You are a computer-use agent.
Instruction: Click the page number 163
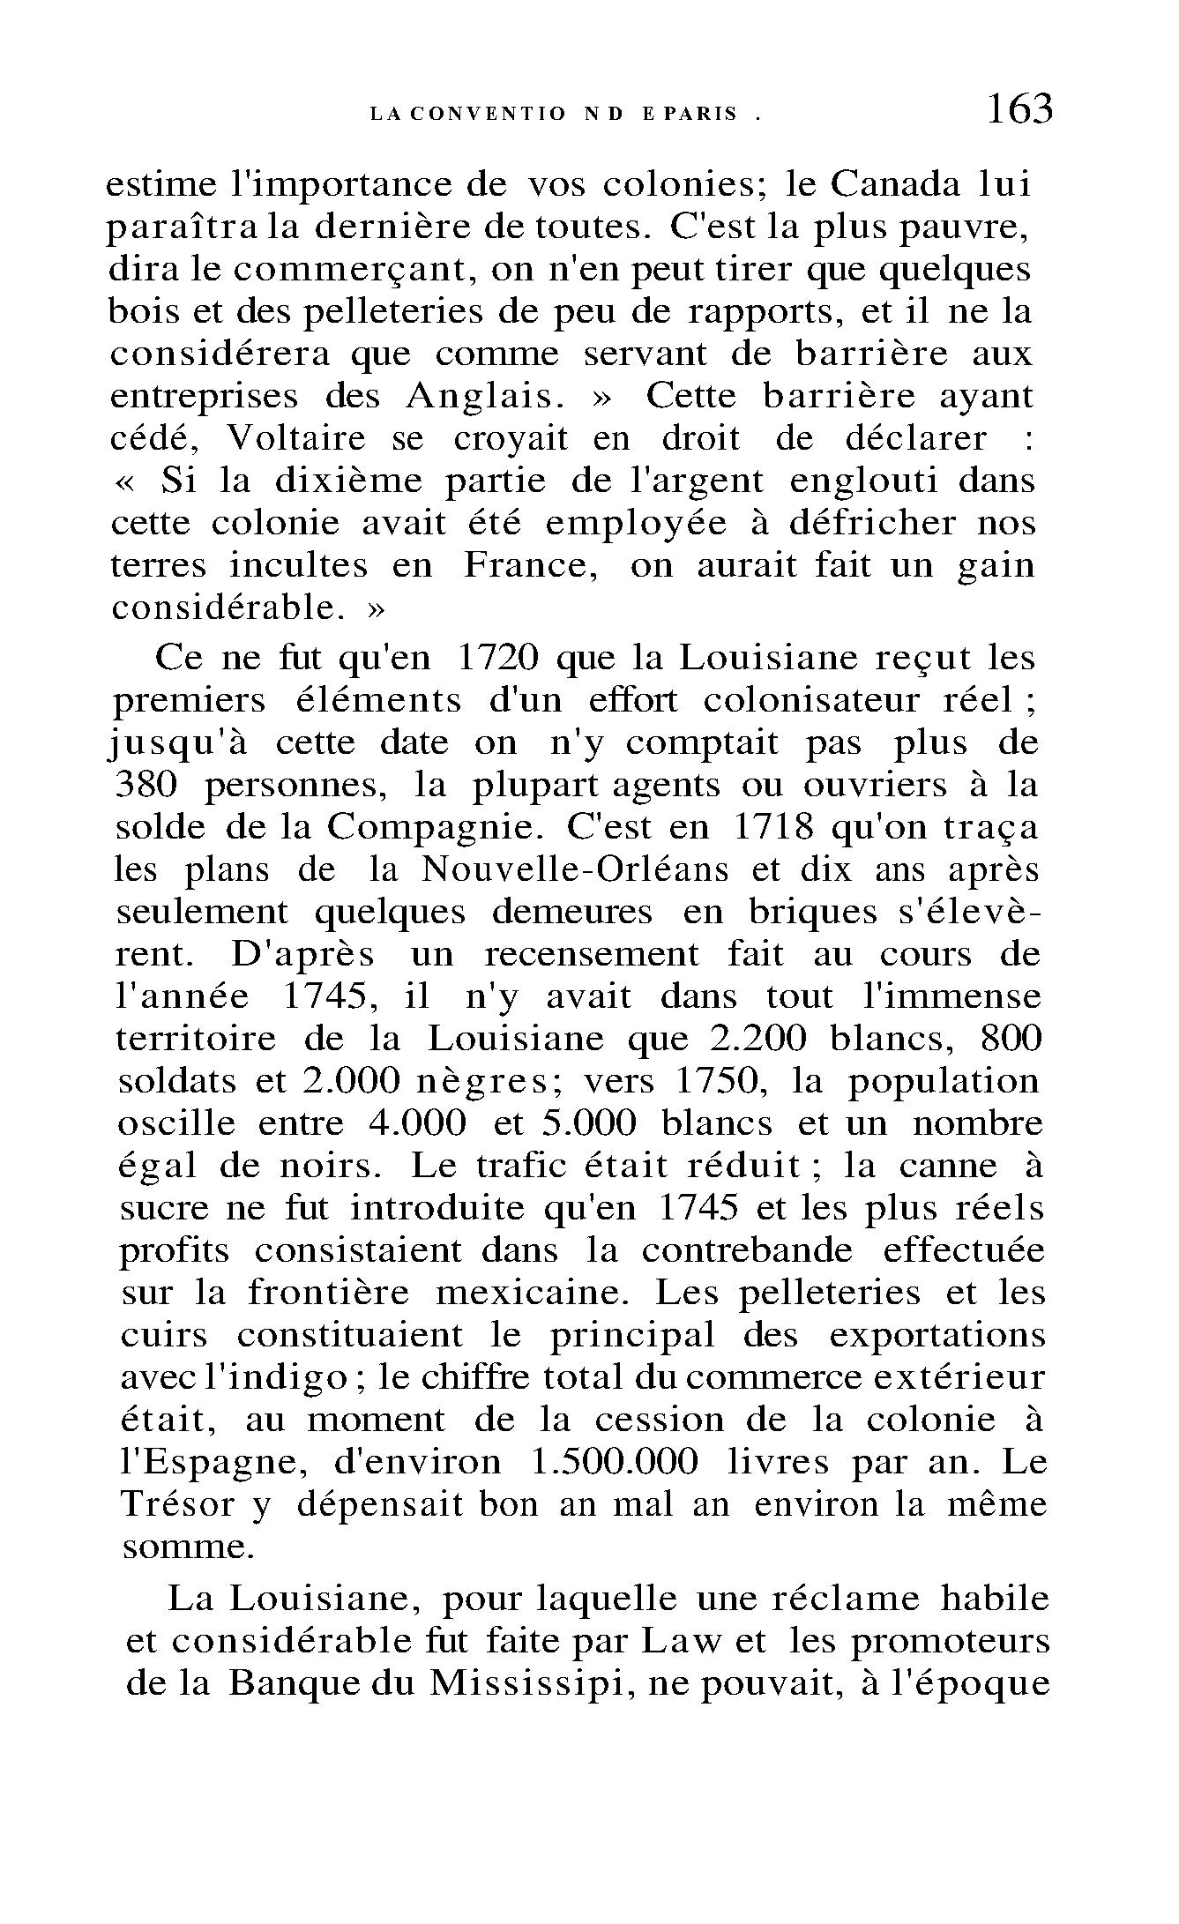pos(1019,110)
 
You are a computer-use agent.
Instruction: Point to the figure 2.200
pos(757,1039)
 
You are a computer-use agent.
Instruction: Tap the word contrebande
pos(747,1250)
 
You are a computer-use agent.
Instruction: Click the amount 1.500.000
pos(616,1462)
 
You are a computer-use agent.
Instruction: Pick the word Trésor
pos(175,1504)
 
